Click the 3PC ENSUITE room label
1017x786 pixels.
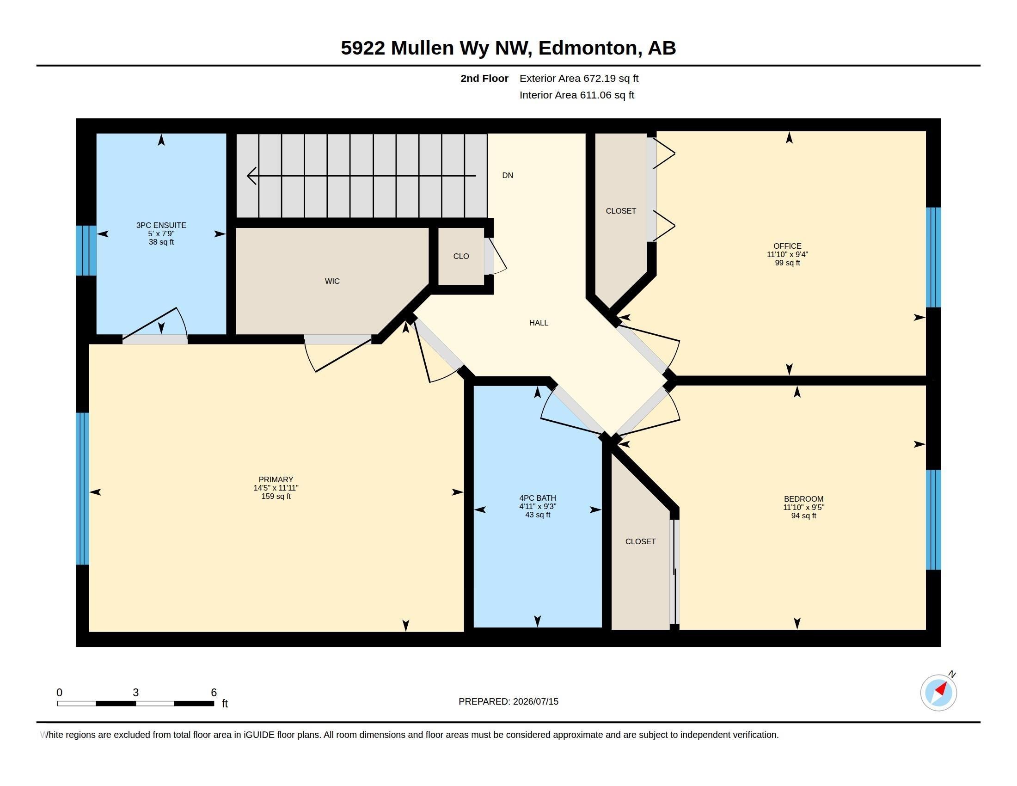[x=161, y=225]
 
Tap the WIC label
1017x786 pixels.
[x=332, y=281]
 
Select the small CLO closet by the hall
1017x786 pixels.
[x=461, y=256]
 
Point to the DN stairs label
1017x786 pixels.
[x=508, y=176]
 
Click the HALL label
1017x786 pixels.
[x=539, y=323]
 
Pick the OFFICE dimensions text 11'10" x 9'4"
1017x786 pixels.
[x=787, y=254]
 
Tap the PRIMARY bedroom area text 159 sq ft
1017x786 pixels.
[x=276, y=497]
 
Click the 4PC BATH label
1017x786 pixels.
[x=538, y=498]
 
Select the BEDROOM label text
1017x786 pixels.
[x=804, y=499]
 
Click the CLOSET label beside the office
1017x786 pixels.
[x=621, y=211]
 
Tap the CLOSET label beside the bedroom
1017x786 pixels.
[x=640, y=541]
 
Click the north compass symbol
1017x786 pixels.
[x=939, y=693]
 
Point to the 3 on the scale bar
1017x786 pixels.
[x=135, y=693]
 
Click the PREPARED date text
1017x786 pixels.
[x=508, y=701]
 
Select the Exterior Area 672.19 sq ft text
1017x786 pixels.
[x=579, y=78]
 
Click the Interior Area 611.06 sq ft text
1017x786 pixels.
[x=577, y=95]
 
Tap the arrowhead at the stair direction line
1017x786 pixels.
[x=251, y=176]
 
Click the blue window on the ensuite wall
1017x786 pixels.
[x=86, y=251]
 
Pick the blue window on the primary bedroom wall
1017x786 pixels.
[x=82, y=488]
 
